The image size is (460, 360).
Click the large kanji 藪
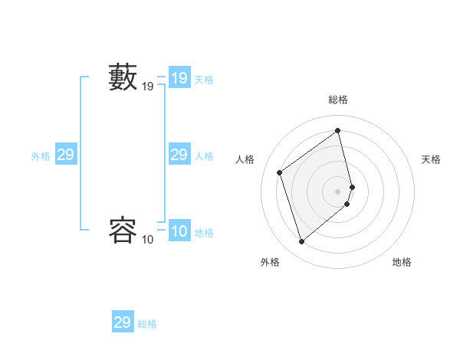tap(123, 77)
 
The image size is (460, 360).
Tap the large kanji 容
tap(123, 230)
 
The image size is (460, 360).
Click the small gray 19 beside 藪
tap(148, 87)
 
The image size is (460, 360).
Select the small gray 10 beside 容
tap(148, 240)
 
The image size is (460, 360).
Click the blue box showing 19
tap(179, 78)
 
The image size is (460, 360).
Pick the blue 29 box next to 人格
tap(179, 155)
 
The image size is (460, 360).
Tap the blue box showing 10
tap(179, 231)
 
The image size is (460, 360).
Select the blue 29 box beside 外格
tap(65, 155)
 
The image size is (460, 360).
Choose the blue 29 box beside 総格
tap(123, 322)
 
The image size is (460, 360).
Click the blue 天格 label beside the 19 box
tap(204, 80)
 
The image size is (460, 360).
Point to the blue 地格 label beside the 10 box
tap(204, 233)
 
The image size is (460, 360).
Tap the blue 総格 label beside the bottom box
tap(147, 324)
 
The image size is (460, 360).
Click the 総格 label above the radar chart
tap(338, 100)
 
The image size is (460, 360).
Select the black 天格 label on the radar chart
tap(432, 159)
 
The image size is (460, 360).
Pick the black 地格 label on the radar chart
tap(402, 262)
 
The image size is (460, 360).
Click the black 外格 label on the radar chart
tap(269, 262)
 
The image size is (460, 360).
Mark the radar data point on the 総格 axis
tap(338, 130)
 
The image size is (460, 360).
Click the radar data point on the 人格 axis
tap(280, 172)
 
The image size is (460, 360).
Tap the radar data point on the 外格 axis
tap(301, 242)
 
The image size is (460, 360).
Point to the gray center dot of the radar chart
tap(338, 191)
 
